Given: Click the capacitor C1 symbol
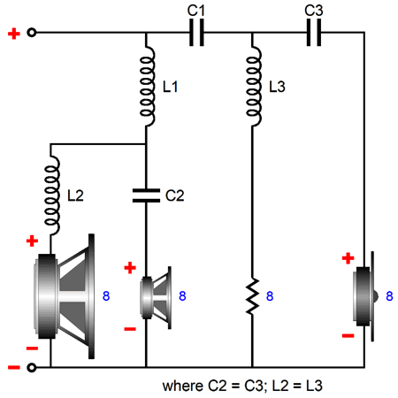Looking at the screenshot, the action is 196,33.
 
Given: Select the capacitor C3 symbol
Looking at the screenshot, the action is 314,33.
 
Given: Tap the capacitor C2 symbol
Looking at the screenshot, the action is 146,195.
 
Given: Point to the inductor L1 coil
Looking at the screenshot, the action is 148,86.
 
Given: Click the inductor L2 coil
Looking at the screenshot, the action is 52,195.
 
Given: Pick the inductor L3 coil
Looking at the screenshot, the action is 254,86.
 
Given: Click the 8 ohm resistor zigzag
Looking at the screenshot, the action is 252,295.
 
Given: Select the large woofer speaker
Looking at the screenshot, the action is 65,296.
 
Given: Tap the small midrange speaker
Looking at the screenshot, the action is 156,298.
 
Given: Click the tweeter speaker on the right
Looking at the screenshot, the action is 364,296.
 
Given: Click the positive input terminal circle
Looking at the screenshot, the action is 32,33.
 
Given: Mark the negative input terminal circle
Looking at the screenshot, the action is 32,368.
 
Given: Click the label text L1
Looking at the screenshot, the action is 171,87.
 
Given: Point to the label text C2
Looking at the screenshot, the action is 175,195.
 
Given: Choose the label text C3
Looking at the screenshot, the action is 314,11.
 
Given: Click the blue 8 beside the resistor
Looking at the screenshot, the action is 270,296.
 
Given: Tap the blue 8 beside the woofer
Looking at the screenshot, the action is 106,296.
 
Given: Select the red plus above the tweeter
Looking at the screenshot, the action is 348,258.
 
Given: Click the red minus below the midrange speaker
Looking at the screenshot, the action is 130,329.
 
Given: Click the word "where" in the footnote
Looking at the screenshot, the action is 183,386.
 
